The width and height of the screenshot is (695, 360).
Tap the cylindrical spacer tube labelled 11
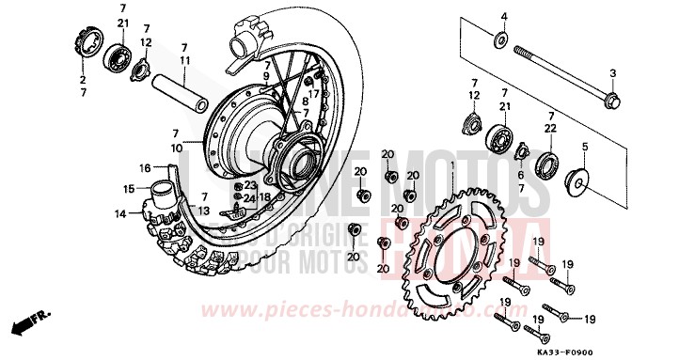[184, 89]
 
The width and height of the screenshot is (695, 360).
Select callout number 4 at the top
[503, 17]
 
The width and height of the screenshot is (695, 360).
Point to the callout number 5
[584, 147]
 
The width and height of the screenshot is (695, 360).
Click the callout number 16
[146, 168]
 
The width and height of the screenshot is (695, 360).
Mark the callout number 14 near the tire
[119, 214]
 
